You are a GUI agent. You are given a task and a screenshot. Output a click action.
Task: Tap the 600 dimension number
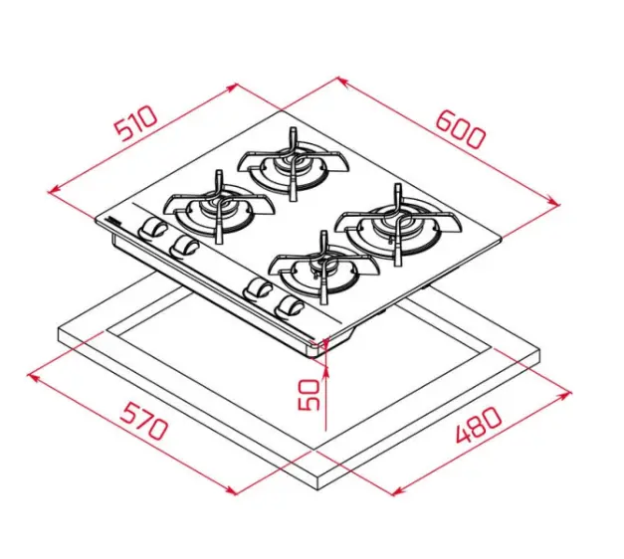pyautogui.click(x=461, y=129)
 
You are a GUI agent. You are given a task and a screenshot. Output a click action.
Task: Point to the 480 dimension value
pyautogui.click(x=478, y=425)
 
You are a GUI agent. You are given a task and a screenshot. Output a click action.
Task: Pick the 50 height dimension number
pyautogui.click(x=309, y=394)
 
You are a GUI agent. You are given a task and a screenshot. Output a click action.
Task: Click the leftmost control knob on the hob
pyautogui.click(x=150, y=228)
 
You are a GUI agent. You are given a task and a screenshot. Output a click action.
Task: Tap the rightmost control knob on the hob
pyautogui.click(x=291, y=307)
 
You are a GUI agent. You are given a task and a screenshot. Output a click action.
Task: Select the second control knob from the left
pyautogui.click(x=183, y=247)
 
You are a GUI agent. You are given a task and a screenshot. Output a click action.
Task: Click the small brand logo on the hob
pyautogui.click(x=113, y=221)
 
